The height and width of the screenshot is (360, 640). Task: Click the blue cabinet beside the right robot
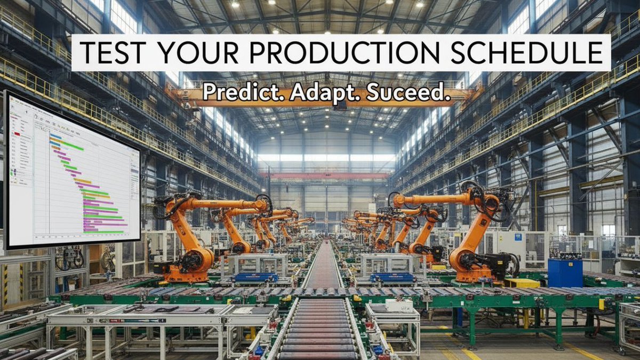pos(564,272)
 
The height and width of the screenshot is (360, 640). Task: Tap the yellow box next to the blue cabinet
pos(522,283)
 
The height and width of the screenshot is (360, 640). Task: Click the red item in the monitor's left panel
pos(17,134)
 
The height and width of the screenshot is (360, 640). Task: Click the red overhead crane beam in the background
pos(325,175)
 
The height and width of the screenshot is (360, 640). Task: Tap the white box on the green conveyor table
pos(399,306)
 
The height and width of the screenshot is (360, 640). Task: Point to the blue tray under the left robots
pos(254,277)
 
